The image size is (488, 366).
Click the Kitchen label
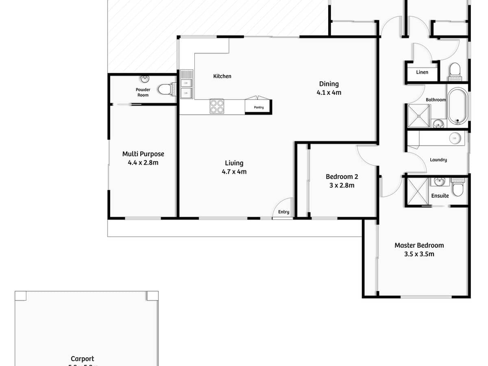tap(222, 76)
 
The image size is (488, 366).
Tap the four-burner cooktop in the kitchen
tap(216, 107)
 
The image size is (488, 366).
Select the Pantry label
tap(258, 107)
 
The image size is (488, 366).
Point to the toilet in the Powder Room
tap(166, 89)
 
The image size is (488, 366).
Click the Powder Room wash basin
tap(144, 79)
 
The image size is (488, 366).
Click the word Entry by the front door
tap(283, 212)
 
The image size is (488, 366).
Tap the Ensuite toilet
tap(458, 189)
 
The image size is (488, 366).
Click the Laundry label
tap(438, 160)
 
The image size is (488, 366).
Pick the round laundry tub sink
tap(455, 139)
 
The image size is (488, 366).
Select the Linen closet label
tap(422, 72)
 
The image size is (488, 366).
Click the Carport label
tap(83, 359)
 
